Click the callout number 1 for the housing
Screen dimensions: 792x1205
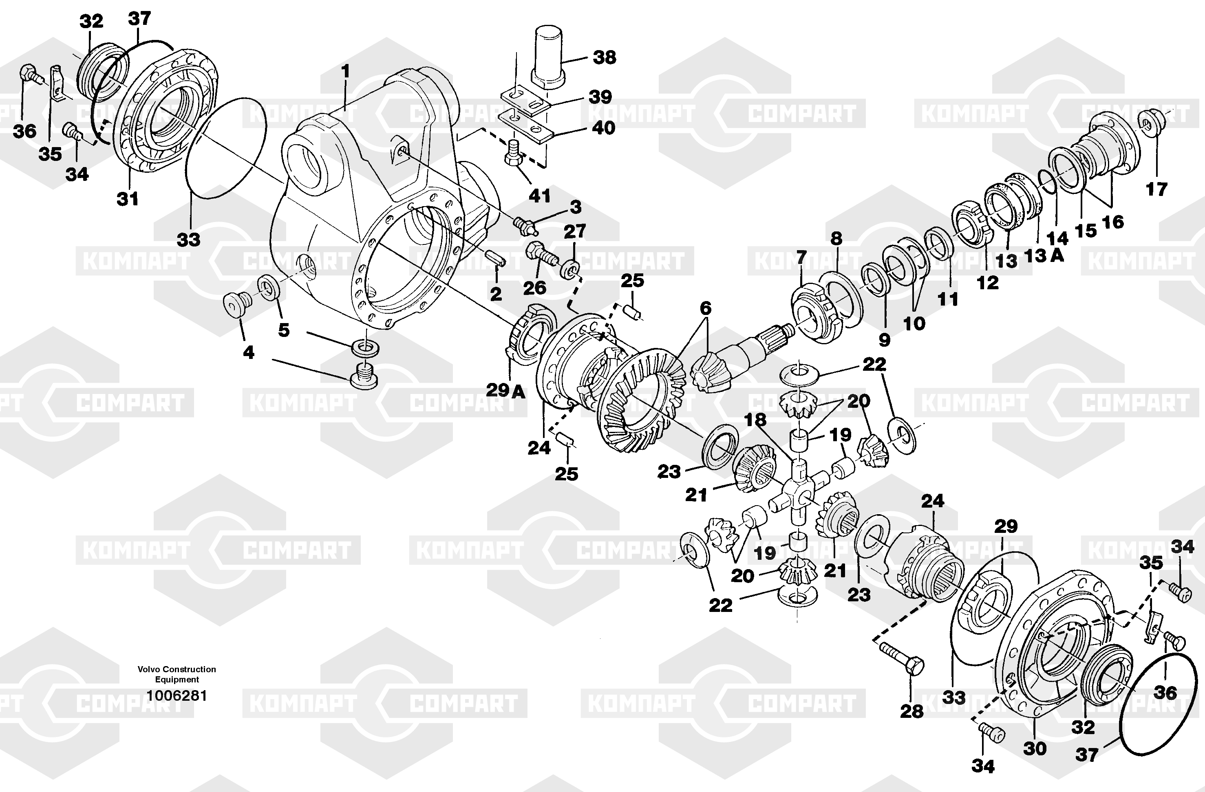(346, 72)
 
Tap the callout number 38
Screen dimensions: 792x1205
(605, 57)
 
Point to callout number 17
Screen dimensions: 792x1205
(1156, 189)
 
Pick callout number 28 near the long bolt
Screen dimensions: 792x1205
(912, 711)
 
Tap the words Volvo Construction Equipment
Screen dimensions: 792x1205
(177, 674)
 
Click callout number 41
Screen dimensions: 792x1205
(539, 195)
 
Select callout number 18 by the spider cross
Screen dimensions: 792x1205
(755, 420)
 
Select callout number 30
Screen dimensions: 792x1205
(1034, 748)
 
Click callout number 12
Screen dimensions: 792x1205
(988, 282)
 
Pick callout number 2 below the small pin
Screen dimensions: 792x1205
(496, 294)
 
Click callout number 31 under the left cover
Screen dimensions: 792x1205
(128, 199)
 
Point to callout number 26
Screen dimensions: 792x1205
(535, 288)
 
